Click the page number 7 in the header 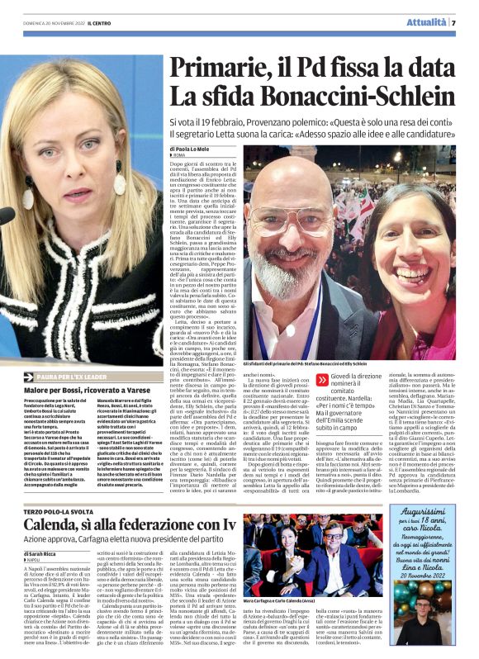[x=453, y=22]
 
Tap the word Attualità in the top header [x=427, y=22]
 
